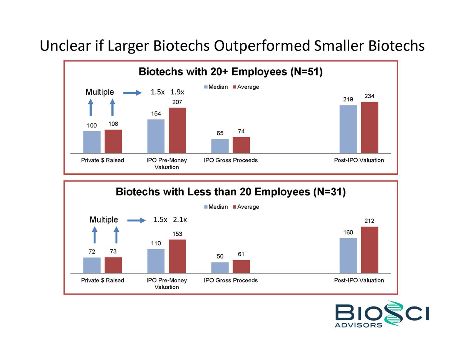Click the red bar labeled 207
point(177,131)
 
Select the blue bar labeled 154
point(156,136)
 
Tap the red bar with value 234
point(369,127)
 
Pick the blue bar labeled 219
point(348,129)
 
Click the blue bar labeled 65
point(220,146)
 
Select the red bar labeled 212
point(369,250)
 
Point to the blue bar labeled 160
point(348,256)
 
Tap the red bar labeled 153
point(177,256)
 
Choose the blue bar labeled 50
point(220,268)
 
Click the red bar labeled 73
point(113,265)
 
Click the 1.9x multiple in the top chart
point(177,92)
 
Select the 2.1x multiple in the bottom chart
point(180,220)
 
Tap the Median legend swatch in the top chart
point(206,87)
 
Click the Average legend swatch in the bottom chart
point(235,207)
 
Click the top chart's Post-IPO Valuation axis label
point(359,160)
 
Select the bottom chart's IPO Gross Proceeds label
point(231,280)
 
